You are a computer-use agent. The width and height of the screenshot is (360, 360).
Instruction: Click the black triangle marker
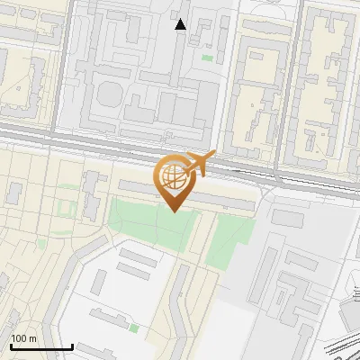click(181, 24)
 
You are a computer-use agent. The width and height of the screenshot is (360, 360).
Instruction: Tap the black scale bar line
click(40, 346)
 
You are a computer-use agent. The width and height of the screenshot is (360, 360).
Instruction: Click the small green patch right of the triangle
click(208, 58)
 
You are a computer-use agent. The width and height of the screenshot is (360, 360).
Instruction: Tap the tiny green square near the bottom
click(134, 328)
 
